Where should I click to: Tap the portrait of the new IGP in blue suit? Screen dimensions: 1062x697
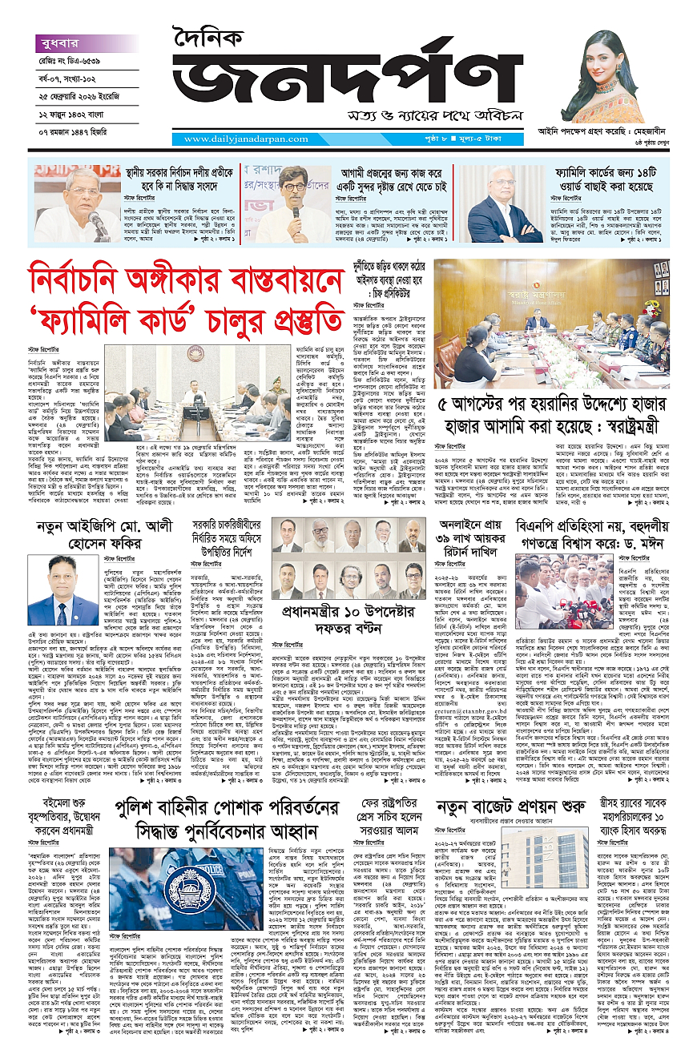pos(51,590)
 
